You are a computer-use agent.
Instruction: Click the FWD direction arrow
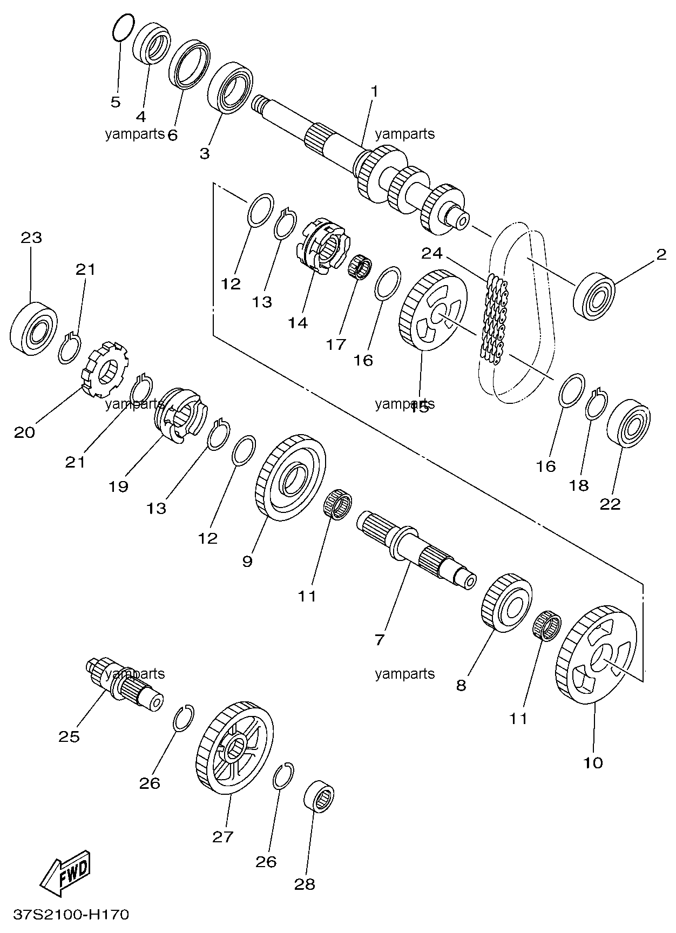click(x=66, y=873)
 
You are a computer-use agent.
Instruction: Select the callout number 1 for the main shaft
click(x=374, y=91)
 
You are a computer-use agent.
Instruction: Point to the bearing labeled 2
click(x=595, y=296)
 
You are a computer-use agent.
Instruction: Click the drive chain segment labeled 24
click(x=493, y=320)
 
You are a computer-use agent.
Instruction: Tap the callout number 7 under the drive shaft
click(x=379, y=640)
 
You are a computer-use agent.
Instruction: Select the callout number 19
click(x=118, y=486)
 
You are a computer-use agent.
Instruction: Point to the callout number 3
click(x=204, y=153)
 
